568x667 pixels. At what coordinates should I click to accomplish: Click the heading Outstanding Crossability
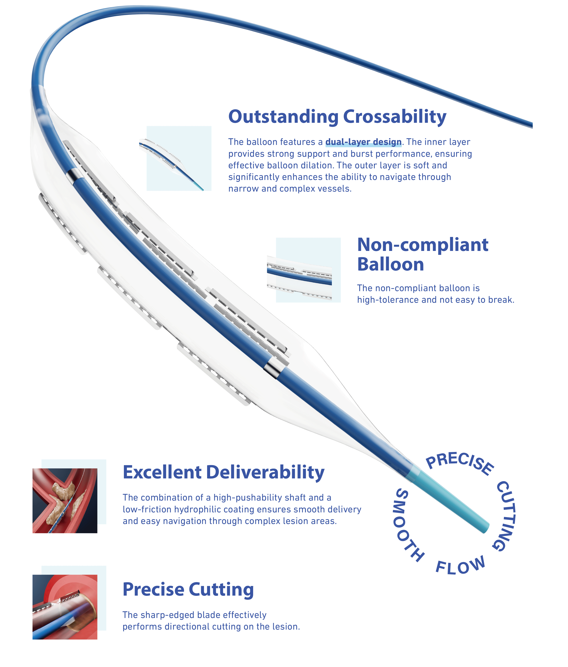point(337,117)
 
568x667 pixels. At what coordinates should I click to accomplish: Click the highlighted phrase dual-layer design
point(363,142)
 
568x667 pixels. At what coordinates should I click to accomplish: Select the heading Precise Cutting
point(188,589)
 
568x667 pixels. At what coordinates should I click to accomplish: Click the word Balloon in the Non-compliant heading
point(390,264)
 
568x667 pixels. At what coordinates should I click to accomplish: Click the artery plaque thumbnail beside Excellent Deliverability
point(65,501)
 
